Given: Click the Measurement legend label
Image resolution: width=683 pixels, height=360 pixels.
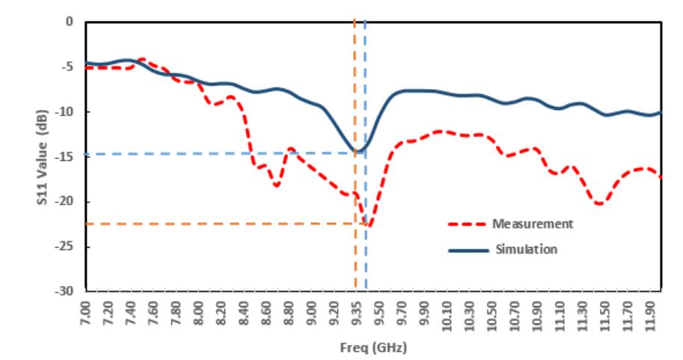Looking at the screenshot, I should pos(532,224).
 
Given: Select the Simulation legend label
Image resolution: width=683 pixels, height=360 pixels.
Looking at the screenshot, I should pos(525,249).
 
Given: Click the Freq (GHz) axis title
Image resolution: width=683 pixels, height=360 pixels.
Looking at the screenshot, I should pos(373,348).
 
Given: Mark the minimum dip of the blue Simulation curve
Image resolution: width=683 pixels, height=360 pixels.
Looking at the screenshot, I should pos(360,152).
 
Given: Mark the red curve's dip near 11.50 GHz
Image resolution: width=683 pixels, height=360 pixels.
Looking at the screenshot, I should pos(599,204).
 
